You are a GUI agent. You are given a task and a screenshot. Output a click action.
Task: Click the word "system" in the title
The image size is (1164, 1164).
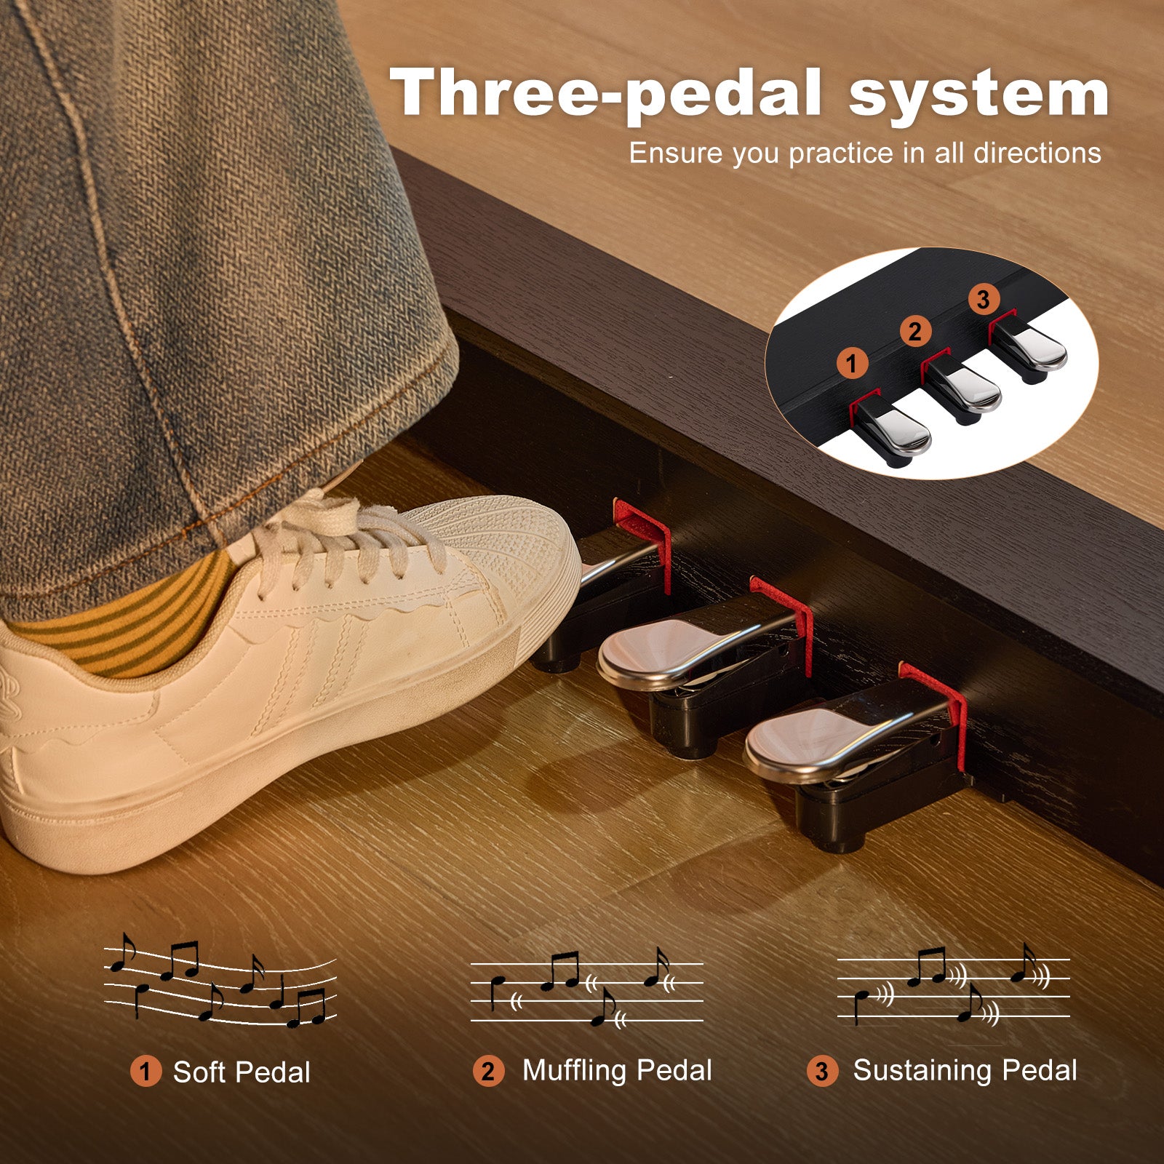pos(978,95)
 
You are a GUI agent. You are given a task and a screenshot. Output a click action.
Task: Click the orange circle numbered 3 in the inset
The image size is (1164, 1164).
pos(984,300)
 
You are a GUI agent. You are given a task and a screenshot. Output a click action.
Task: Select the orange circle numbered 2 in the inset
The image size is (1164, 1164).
pos(915,332)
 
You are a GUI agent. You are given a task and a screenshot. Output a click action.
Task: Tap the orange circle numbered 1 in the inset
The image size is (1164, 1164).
pos(852,363)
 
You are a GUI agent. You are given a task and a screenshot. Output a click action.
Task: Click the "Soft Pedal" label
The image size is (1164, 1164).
pos(242,1072)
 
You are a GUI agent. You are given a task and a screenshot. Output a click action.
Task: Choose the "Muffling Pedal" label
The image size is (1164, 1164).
pos(617,1071)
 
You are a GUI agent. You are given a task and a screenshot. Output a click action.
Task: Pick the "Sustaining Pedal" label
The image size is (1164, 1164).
pos(965,1071)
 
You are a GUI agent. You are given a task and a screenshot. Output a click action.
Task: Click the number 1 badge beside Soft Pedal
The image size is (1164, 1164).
pos(145,1072)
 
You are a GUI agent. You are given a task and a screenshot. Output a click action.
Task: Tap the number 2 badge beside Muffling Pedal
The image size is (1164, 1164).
pos(488,1072)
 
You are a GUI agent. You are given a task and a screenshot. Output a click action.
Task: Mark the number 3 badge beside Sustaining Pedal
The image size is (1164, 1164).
pos(822,1072)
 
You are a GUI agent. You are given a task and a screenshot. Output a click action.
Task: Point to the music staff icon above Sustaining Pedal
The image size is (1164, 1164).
pos(954,984)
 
